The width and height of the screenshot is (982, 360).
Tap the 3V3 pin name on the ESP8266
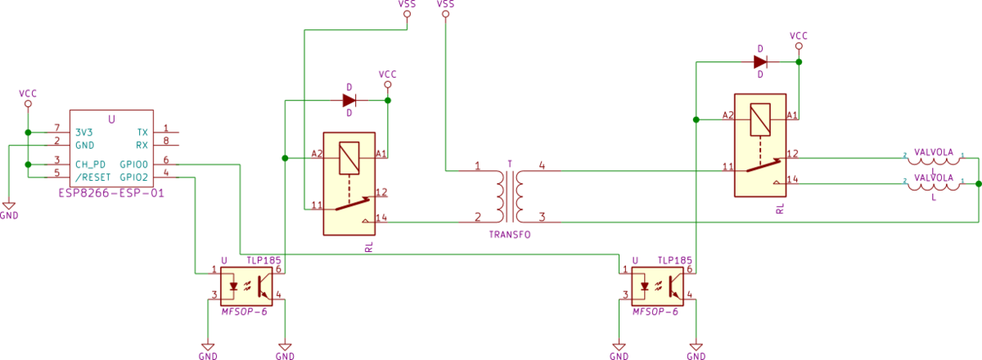[x=84, y=132]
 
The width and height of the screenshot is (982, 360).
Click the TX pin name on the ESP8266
[x=143, y=132]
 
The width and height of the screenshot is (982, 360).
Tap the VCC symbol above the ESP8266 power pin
[x=28, y=99]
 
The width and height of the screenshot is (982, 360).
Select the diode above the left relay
[x=349, y=101]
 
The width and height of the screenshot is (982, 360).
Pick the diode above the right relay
[x=761, y=61]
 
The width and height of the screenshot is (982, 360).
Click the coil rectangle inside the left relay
[x=349, y=155]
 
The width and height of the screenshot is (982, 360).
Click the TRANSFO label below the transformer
[x=510, y=235]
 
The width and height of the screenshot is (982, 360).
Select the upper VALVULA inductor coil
[x=933, y=158]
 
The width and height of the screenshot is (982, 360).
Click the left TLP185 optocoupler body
[x=247, y=286]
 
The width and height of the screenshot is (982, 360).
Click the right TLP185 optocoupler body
[x=657, y=286]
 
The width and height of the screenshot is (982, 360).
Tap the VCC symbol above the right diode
[x=799, y=41]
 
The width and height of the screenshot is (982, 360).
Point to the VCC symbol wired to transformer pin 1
[x=445, y=8]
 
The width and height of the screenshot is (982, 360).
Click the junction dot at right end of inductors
[x=978, y=183]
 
